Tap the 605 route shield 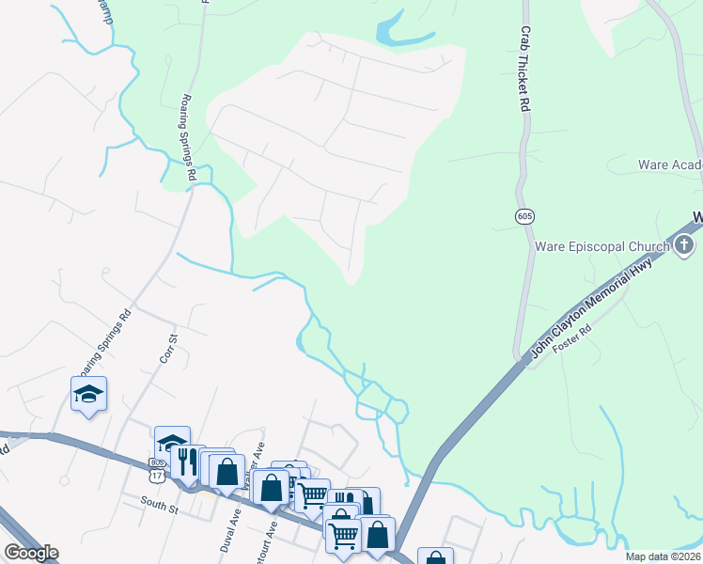click(x=524, y=216)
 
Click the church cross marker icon click(x=684, y=246)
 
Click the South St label click(x=160, y=508)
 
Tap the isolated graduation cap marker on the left click(x=88, y=394)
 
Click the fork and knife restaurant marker click(x=187, y=461)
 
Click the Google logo click(x=31, y=553)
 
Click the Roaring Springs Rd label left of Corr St click(x=111, y=341)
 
